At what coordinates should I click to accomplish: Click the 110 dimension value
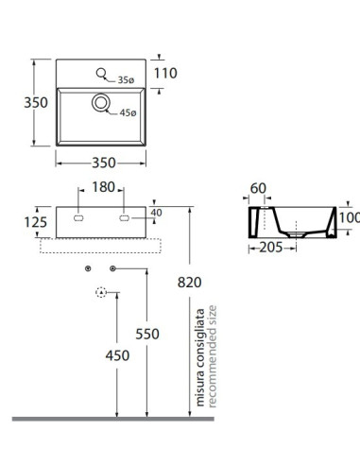click(165, 73)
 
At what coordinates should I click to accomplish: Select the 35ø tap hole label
click(126, 80)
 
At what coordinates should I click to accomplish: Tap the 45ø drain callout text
click(128, 112)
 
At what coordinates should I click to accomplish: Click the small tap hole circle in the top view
click(101, 73)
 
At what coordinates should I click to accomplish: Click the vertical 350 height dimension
click(36, 102)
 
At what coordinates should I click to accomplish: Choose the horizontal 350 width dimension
click(104, 163)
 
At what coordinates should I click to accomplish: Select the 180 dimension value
click(103, 187)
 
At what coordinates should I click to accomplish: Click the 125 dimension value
click(36, 222)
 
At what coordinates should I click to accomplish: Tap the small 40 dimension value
click(156, 213)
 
